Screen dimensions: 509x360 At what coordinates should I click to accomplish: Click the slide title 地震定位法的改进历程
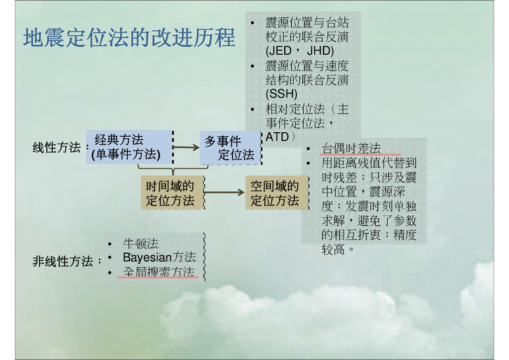tap(129, 38)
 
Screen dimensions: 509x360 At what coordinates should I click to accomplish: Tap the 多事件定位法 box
tap(229, 148)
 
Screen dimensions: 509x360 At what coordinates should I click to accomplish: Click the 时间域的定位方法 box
tap(171, 193)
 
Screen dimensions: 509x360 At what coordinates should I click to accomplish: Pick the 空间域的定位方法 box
tap(275, 193)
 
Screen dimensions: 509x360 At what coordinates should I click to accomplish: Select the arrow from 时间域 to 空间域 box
tap(224, 192)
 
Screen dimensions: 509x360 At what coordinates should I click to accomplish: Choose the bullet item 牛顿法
tap(141, 244)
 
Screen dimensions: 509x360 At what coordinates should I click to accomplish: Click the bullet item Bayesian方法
tap(160, 258)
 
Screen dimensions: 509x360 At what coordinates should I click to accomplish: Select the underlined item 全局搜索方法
tap(158, 272)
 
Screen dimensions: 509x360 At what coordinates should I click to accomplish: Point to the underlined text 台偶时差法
tap(351, 148)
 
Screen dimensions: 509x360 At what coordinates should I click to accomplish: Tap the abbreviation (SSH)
tap(281, 93)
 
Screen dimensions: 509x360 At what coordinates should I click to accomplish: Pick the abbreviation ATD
tap(277, 136)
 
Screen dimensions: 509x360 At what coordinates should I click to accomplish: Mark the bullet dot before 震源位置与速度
tap(253, 66)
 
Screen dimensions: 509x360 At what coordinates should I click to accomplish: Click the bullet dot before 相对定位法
tap(253, 109)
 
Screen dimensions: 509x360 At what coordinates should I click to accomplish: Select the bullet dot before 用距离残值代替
tap(309, 163)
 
